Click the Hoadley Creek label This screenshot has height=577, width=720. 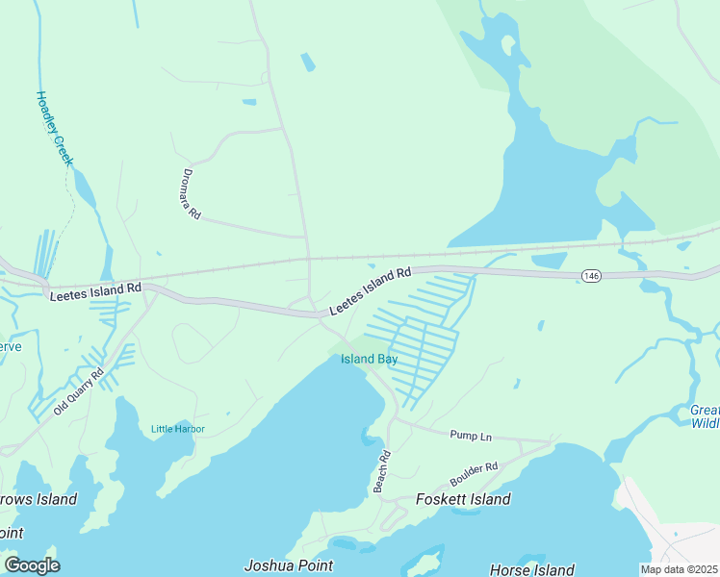click(54, 129)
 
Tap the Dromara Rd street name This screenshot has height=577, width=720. click(192, 196)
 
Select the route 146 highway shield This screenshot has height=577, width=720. click(591, 276)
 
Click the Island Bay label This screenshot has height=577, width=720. click(369, 360)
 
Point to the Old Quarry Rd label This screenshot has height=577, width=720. click(78, 392)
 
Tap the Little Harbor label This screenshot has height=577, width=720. click(178, 429)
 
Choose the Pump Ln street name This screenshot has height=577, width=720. click(471, 437)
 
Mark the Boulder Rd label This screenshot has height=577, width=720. click(474, 474)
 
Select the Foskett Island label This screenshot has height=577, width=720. click(462, 499)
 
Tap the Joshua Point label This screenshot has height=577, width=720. click(289, 565)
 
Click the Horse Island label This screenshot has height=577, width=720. click(532, 569)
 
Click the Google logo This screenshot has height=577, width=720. click(32, 564)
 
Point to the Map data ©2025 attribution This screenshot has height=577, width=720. click(678, 569)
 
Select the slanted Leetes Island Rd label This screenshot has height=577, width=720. click(370, 290)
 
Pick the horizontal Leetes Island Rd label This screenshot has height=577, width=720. click(95, 288)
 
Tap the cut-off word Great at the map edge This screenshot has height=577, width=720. click(704, 410)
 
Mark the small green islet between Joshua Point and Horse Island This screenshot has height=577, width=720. click(424, 560)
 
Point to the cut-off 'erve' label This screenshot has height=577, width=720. click(10, 346)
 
